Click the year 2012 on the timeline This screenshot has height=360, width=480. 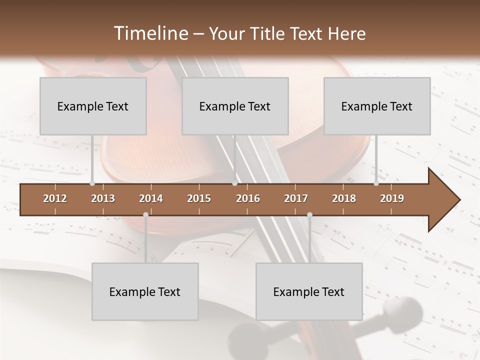pos(55,198)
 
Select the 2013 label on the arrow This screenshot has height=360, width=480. pos(103,198)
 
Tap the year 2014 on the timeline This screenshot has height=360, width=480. pos(151,198)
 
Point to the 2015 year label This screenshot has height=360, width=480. pos(199,198)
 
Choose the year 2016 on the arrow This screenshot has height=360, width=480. pos(248,198)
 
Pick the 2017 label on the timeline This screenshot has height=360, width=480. pos(296,198)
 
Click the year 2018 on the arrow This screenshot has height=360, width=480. pos(344,198)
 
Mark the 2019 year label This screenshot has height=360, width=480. pos(392,198)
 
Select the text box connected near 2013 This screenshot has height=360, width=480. pos(93,106)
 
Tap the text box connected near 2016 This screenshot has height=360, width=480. pos(235,106)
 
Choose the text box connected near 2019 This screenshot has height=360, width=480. pos(377,106)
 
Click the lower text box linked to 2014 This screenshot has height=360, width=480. pos(145,291)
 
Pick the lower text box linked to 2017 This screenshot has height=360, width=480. pos(309,291)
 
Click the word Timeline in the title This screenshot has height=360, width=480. pos(150,33)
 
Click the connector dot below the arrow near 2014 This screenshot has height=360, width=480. pos(145,215)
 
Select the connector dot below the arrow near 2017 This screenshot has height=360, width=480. pos(309,215)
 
